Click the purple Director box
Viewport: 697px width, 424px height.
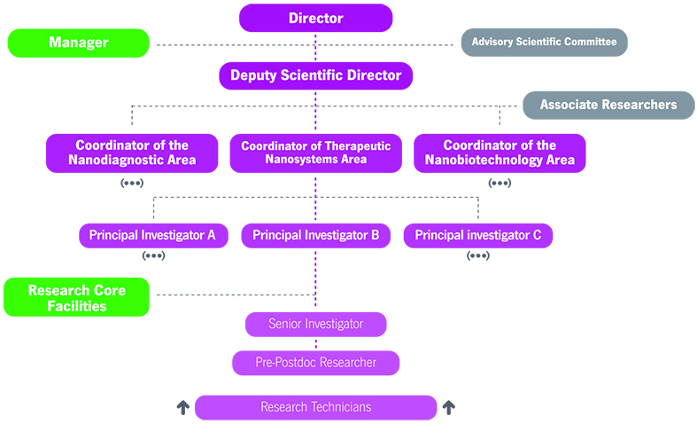315,18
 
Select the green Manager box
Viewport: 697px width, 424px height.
78,43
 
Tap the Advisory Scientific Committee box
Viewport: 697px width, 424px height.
544,42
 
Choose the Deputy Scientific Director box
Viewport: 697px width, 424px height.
316,75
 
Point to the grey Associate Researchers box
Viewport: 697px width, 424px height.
608,105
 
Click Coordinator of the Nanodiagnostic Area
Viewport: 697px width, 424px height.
132,153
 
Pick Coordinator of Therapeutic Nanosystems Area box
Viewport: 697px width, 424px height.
316,153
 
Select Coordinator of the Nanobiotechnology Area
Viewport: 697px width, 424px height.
500,153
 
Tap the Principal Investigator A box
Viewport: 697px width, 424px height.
152,235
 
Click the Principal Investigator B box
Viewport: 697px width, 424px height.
316,235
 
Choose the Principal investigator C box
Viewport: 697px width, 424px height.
478,235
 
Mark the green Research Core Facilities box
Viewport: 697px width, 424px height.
76,298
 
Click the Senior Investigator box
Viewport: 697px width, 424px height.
316,324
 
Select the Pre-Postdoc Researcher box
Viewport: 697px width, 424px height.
316,363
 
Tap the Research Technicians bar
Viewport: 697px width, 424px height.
316,407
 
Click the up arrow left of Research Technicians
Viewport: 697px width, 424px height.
183,407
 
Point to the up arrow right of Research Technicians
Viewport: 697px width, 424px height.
448,407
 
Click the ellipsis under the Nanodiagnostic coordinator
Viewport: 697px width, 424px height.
132,184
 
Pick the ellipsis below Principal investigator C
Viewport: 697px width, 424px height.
478,255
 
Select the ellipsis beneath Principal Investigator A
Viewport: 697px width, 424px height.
152,255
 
